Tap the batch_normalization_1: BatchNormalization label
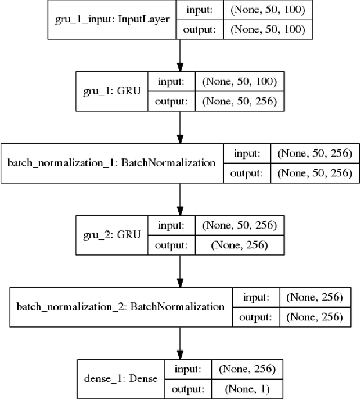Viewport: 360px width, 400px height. click(111, 163)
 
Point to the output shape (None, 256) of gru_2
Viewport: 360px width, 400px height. click(238, 244)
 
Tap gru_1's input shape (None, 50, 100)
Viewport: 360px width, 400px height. click(238, 82)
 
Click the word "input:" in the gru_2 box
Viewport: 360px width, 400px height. click(170, 226)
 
